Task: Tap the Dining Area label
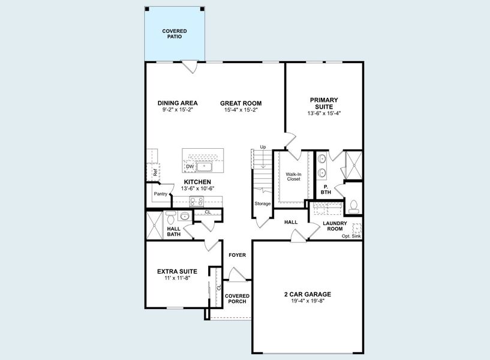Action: coord(178,103)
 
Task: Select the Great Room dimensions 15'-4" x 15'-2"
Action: coord(241,110)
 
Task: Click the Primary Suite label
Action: coord(324,103)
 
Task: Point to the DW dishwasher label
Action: coord(190,166)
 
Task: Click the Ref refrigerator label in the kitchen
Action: coord(155,172)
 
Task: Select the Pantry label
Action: coord(160,194)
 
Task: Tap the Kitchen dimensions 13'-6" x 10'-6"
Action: coord(197,189)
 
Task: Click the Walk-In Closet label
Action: coord(293,177)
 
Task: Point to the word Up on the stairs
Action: coord(263,147)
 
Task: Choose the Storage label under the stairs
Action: coord(262,203)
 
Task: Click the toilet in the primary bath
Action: coord(353,206)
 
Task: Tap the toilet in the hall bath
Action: coord(171,216)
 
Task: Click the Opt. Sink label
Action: coord(352,236)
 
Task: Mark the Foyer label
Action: coord(238,255)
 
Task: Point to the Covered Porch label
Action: coord(237,298)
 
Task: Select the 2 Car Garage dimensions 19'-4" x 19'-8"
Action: coord(307,302)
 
